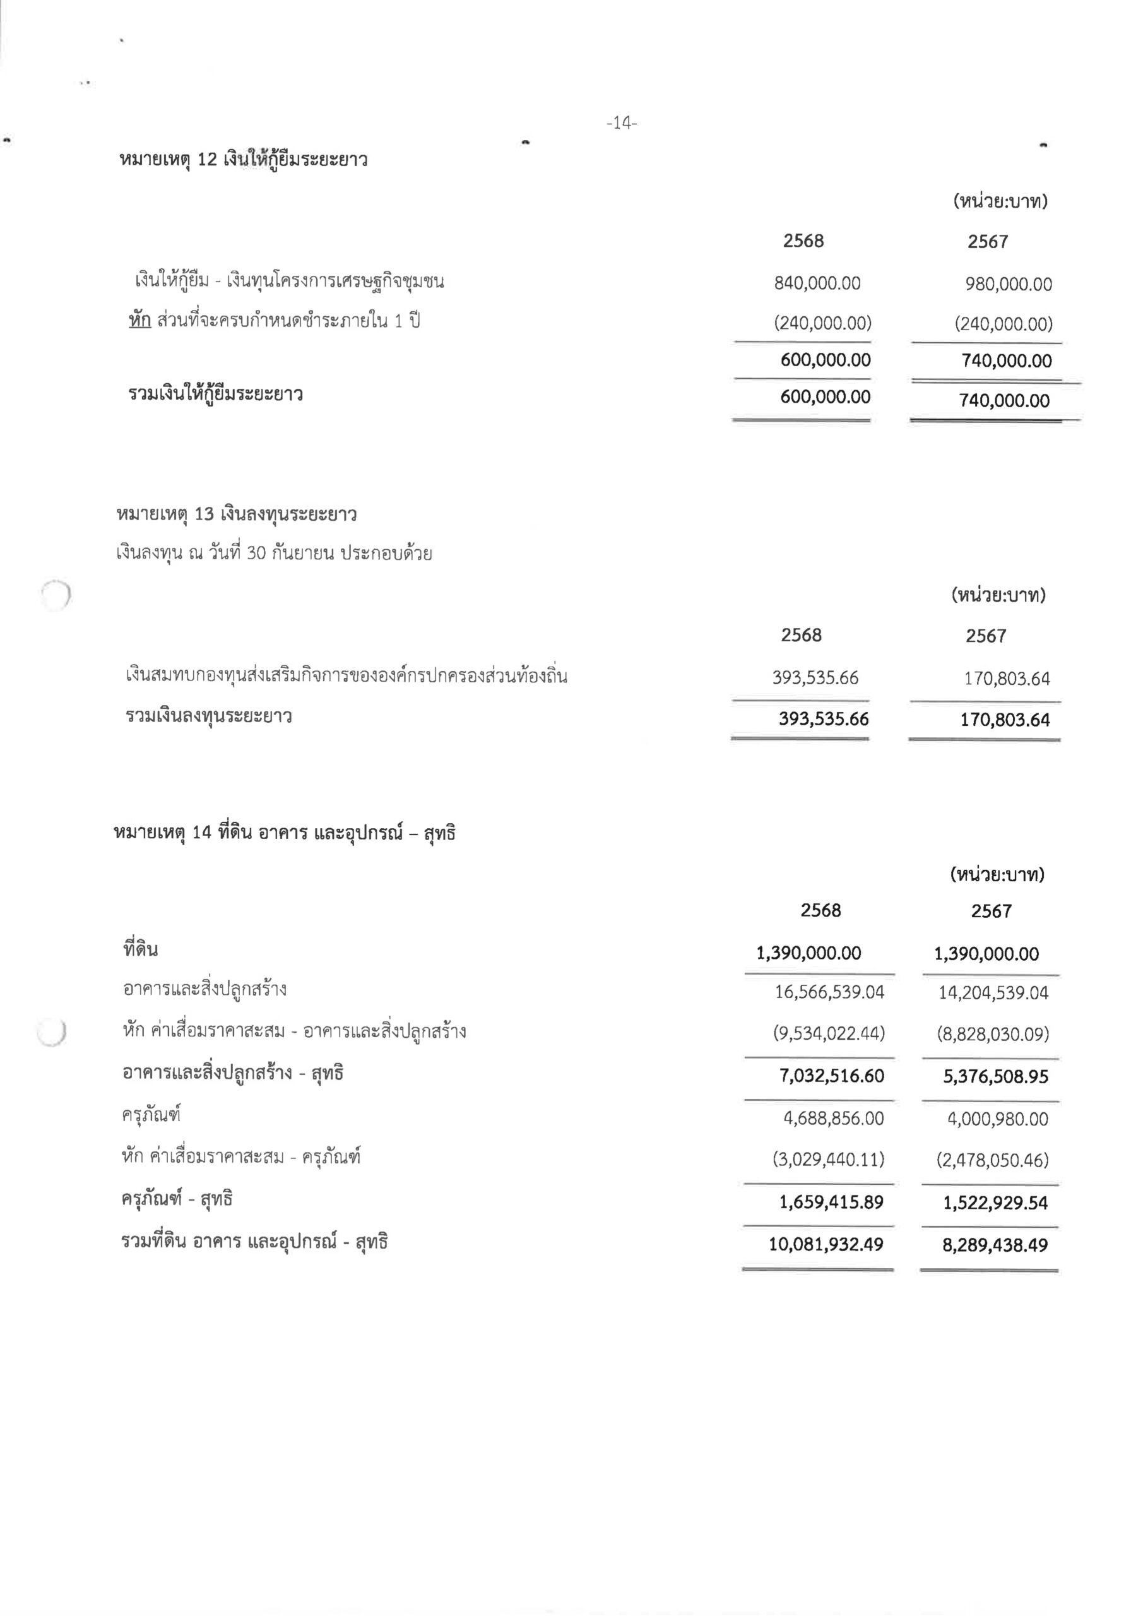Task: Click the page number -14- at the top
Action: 622,123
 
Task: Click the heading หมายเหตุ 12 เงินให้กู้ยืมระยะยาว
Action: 244,160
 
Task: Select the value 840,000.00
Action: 817,283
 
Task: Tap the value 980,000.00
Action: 1009,284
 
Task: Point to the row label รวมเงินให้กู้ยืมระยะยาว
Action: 215,394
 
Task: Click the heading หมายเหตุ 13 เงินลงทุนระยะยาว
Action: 237,514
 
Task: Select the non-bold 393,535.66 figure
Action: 815,678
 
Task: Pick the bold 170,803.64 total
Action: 1004,720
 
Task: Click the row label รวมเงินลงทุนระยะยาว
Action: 209,717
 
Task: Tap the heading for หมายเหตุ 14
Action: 285,833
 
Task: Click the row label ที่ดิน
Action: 141,949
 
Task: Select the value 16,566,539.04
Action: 829,992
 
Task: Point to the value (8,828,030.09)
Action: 992,1034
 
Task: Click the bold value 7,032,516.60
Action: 831,1076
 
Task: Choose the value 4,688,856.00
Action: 833,1119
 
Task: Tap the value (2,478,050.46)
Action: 992,1160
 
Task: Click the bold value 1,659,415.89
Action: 831,1202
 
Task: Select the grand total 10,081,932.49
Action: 825,1244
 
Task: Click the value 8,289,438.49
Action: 995,1245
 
